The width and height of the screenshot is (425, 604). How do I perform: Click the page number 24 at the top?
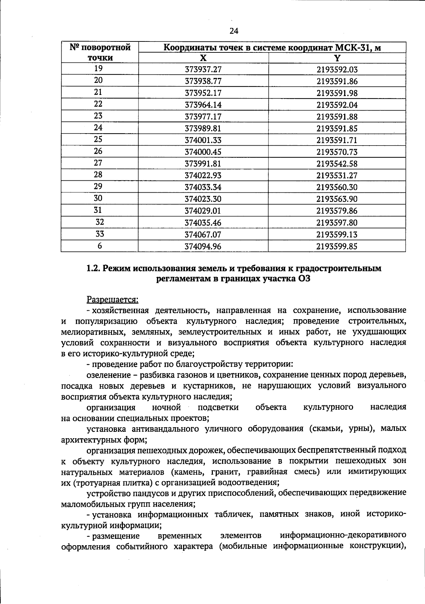click(x=234, y=31)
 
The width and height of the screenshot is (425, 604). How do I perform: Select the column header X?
click(x=203, y=58)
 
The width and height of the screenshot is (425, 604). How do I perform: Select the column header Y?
click(x=337, y=58)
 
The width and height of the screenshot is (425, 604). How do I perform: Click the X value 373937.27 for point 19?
click(x=203, y=69)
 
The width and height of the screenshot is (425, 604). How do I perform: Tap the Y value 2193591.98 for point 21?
click(x=337, y=93)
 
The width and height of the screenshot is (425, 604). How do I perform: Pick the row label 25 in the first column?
click(x=98, y=140)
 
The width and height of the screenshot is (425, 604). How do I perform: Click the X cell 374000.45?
click(x=203, y=152)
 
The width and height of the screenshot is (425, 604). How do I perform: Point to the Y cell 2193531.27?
click(x=337, y=175)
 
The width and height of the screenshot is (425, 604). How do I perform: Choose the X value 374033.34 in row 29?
click(x=203, y=187)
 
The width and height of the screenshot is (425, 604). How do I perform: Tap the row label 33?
click(x=100, y=234)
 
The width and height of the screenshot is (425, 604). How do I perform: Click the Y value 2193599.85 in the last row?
click(x=337, y=246)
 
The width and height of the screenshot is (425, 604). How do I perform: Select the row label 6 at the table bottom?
click(x=100, y=245)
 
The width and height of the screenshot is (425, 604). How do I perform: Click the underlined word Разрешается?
click(x=112, y=300)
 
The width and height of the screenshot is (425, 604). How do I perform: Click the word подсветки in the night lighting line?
click(x=218, y=407)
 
